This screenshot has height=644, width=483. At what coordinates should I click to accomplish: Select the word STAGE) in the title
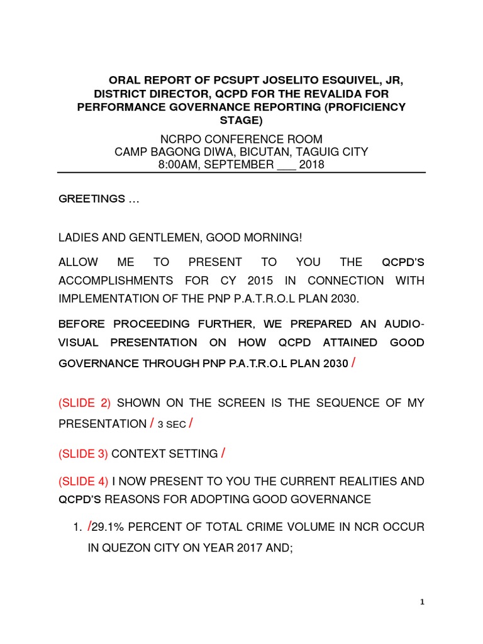(241, 119)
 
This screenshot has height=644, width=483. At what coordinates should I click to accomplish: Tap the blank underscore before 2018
(287, 165)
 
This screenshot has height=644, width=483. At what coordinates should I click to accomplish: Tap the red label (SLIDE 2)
(85, 403)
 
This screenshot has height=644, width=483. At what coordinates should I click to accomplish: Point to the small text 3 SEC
(170, 425)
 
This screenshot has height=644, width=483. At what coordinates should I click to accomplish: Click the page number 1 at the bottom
(423, 602)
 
